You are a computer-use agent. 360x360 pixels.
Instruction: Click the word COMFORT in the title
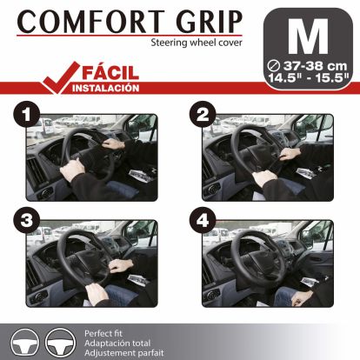click(77, 20)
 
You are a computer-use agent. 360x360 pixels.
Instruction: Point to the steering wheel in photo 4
click(261, 252)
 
